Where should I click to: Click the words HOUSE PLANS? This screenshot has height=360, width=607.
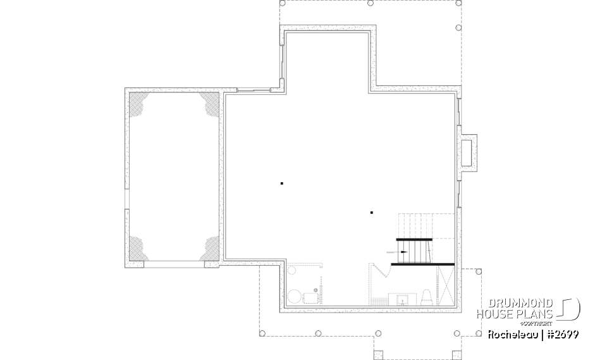pyautogui.click(x=516, y=314)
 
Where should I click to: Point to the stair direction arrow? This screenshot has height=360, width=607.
pyautogui.click(x=398, y=251)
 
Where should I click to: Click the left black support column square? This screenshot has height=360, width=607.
pyautogui.click(x=281, y=183)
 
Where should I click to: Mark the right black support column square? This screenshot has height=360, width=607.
pyautogui.click(x=372, y=213)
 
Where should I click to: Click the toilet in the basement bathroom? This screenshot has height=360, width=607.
pyautogui.click(x=426, y=296)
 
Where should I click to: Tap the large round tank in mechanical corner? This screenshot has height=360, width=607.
pyautogui.click(x=295, y=296)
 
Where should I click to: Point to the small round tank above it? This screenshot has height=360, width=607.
pyautogui.click(x=292, y=271)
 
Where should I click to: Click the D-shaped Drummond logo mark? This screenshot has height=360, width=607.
pyautogui.click(x=569, y=308)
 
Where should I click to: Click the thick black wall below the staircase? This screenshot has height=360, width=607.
pyautogui.click(x=422, y=263)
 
